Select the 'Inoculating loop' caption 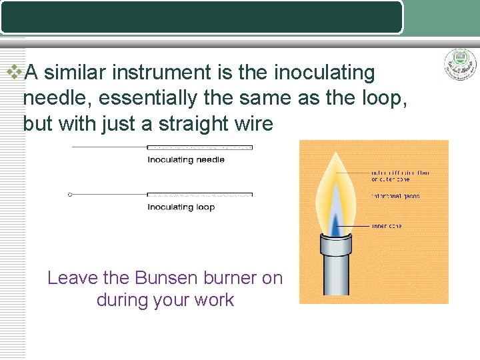181,207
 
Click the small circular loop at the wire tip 70,195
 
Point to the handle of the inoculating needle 199,147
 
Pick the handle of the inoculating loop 199,195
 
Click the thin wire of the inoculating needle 110,147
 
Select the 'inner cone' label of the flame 387,227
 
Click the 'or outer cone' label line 391,179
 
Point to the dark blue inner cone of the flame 337,221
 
